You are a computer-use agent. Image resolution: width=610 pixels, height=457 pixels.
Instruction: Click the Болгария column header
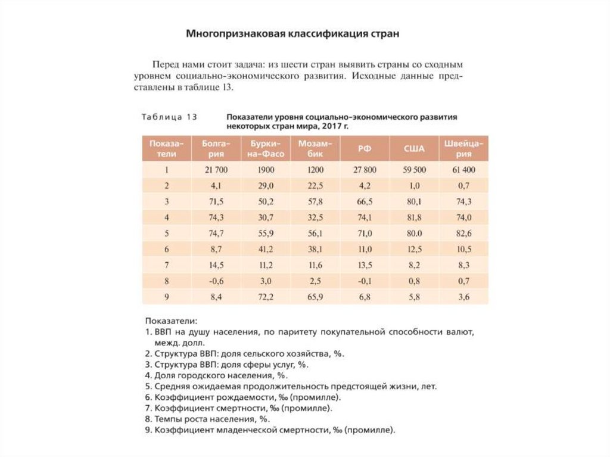(x=216, y=148)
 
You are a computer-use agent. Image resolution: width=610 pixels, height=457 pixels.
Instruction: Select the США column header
(x=414, y=148)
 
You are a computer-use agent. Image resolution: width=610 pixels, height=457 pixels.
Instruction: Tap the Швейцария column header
(x=463, y=148)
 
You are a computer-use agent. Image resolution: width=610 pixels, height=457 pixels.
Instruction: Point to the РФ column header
(x=365, y=148)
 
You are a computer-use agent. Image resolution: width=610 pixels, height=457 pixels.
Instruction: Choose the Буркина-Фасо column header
(x=266, y=148)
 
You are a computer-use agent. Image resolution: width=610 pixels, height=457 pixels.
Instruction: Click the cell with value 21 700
(x=216, y=170)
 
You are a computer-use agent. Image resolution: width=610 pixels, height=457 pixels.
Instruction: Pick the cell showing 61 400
(x=463, y=170)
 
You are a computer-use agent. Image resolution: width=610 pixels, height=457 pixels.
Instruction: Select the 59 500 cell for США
(x=414, y=170)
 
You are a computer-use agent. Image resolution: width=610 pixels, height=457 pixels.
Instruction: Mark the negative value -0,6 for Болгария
(x=216, y=280)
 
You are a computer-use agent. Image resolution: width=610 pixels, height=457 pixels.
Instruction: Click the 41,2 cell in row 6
(x=266, y=248)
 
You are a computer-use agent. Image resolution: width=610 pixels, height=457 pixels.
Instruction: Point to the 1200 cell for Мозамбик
(x=315, y=170)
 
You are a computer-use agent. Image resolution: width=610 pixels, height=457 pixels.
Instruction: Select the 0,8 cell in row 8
(x=414, y=280)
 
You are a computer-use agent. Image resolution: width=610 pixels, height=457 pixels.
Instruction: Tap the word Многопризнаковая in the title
(x=236, y=33)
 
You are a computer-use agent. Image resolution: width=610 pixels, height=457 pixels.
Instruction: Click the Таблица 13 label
(x=169, y=117)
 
